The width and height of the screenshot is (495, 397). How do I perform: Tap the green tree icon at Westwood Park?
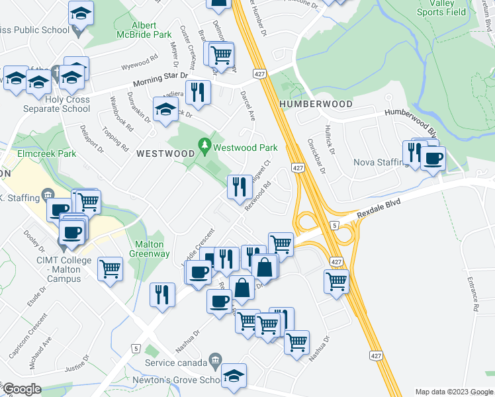205,144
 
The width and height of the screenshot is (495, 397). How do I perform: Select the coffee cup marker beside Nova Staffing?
433,159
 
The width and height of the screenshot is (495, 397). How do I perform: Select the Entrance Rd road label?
474,294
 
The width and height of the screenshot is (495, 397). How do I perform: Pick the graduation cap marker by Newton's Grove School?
234,376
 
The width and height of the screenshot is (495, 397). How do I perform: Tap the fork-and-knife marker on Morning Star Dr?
197,93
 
